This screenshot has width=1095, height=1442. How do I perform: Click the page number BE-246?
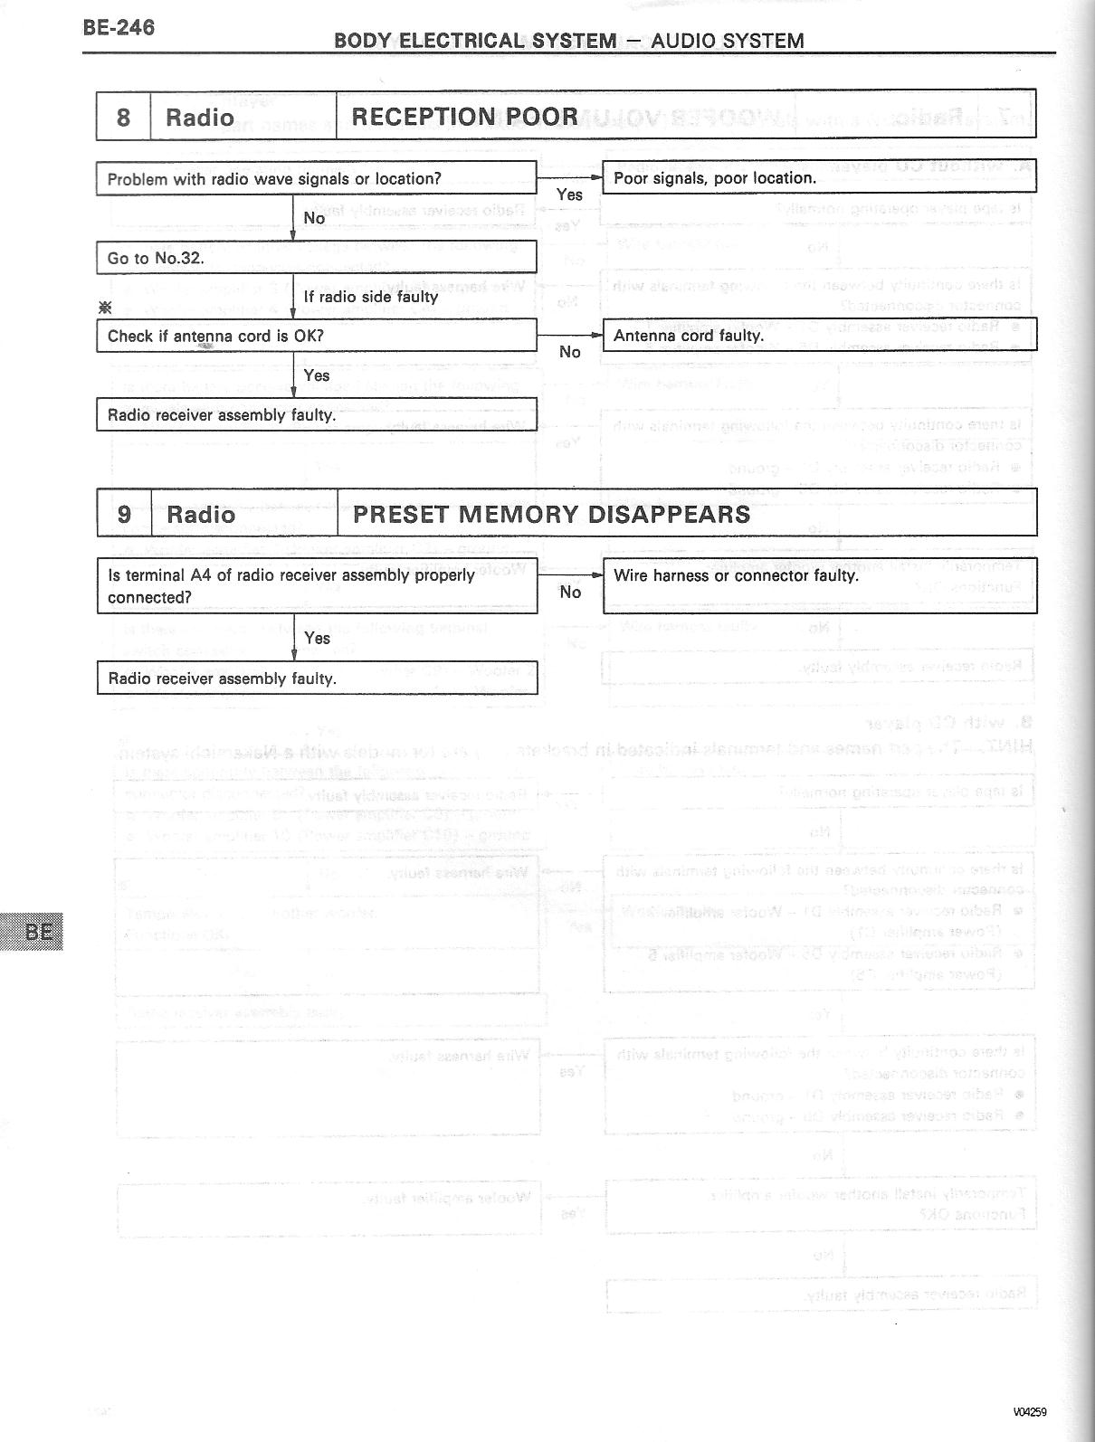point(119,28)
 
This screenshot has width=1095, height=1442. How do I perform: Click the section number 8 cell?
point(123,117)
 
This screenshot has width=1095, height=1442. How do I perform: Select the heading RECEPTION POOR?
point(464,117)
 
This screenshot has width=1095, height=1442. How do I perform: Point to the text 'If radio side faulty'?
point(370,297)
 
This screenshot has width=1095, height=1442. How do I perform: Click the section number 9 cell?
point(124,514)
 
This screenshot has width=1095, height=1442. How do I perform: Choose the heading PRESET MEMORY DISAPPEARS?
point(551,514)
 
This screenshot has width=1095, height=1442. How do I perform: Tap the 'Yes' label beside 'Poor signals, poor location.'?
point(569,194)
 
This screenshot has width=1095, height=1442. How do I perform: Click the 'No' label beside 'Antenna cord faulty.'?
point(569,352)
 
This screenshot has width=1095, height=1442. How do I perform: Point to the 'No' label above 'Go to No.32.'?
point(314,218)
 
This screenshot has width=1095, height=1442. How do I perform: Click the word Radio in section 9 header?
point(201,515)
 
